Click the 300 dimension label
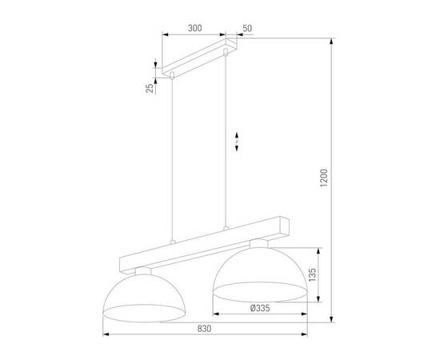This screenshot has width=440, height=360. tap(194, 27)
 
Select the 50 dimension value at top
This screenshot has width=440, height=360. tap(247, 27)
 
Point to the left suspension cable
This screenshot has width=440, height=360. tap(171, 160)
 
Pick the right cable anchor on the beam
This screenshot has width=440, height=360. tap(227, 230)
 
